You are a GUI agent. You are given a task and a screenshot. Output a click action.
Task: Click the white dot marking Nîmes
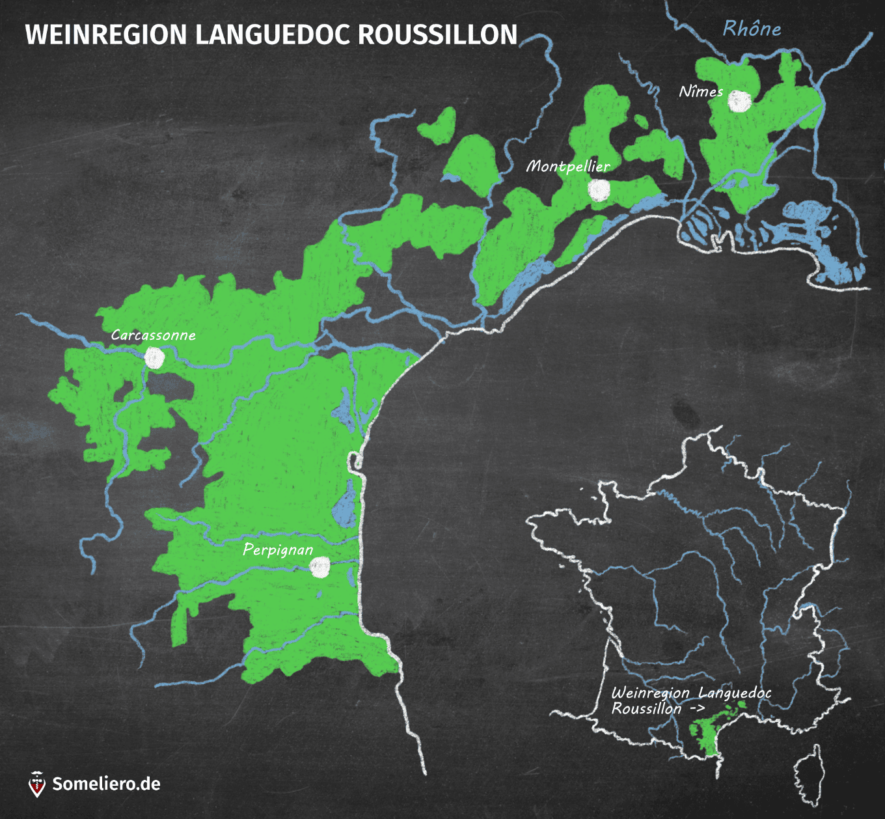pos(739,101)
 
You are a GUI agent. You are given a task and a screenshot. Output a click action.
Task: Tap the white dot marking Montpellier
pos(599,189)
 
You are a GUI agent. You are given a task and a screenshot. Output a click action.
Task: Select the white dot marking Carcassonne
pos(154,358)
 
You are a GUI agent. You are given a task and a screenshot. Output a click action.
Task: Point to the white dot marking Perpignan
pos(320,567)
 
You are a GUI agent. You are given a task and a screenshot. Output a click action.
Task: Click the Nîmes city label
pos(701,91)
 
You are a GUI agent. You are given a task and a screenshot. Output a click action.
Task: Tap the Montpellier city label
pos(568,166)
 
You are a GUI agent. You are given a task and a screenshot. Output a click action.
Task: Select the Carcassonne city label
pos(153,335)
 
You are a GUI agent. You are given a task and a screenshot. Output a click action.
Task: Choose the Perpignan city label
pos(278,549)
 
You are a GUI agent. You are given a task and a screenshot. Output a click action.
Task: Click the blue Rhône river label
pos(752,29)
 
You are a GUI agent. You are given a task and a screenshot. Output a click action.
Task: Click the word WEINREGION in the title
pos(106,35)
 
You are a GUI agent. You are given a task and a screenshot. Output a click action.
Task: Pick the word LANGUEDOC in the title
pos(273,35)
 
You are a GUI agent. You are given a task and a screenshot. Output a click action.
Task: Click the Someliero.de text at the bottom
pos(106,784)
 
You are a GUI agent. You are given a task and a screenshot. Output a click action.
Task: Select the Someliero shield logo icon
pos(37,784)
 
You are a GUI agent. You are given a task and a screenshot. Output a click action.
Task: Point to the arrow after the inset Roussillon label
pos(696,709)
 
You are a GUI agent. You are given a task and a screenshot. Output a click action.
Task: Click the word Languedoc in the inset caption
pos(735,693)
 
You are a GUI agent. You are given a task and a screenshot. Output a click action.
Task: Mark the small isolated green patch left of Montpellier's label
pos(438,126)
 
